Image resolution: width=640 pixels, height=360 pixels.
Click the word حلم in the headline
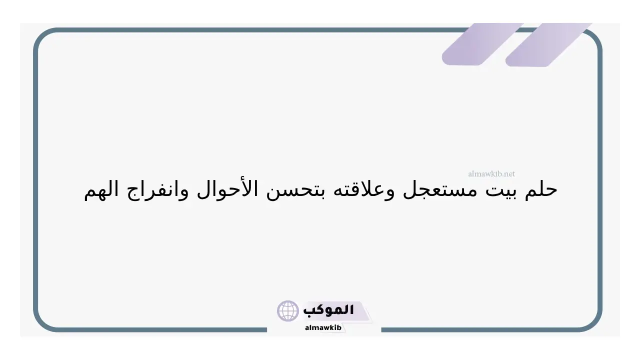[x=541, y=190]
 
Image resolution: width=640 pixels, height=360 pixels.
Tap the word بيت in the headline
[x=501, y=190]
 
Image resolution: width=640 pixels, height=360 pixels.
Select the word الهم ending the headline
[x=101, y=190]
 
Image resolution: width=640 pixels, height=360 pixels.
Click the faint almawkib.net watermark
[x=491, y=173]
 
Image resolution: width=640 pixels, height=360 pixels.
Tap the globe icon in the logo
[x=287, y=311]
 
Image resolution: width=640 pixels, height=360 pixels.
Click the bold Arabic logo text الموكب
[x=328, y=310]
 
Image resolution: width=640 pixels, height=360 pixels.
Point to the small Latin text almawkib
[x=323, y=327]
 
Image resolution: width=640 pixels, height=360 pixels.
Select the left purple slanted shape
[x=482, y=44]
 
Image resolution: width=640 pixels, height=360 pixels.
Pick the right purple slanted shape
[x=548, y=45]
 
